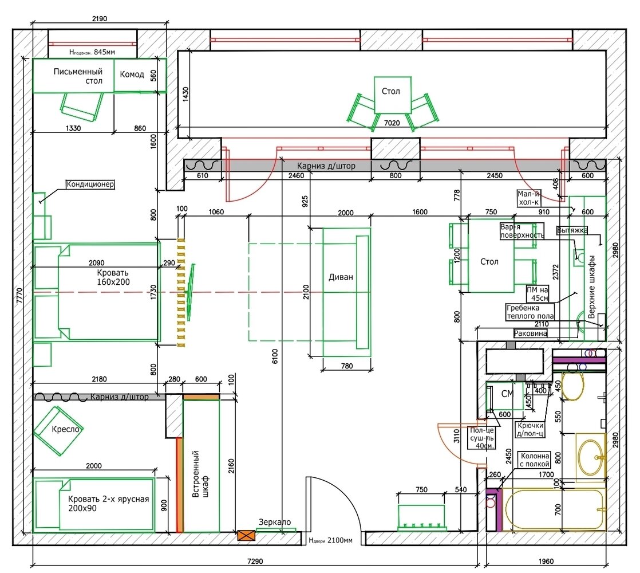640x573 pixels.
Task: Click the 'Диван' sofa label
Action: point(341,277)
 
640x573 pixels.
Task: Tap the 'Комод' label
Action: point(132,74)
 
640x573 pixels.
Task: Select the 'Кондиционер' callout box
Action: point(90,184)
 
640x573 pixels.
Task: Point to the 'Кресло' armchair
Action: point(58,430)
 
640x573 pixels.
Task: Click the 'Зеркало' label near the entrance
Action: point(275,522)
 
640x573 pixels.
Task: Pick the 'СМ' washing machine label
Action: point(507,394)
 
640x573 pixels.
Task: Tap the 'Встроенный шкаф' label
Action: point(200,474)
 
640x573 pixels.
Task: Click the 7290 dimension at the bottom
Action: point(255,561)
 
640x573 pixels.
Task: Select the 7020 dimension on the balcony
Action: point(392,123)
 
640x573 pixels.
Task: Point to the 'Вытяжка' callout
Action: point(572,230)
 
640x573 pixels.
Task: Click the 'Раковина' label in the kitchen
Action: point(530,333)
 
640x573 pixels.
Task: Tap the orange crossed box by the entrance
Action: point(246,535)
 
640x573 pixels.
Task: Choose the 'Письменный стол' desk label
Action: point(78,76)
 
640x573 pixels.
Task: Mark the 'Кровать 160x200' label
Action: point(113,277)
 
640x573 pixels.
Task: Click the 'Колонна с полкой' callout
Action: point(535,460)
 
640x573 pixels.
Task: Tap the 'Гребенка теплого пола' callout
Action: point(530,312)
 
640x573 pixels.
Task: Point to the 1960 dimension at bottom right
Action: point(546,561)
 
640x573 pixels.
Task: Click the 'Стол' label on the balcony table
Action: point(390,91)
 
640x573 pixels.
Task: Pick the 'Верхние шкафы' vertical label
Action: point(591,287)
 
